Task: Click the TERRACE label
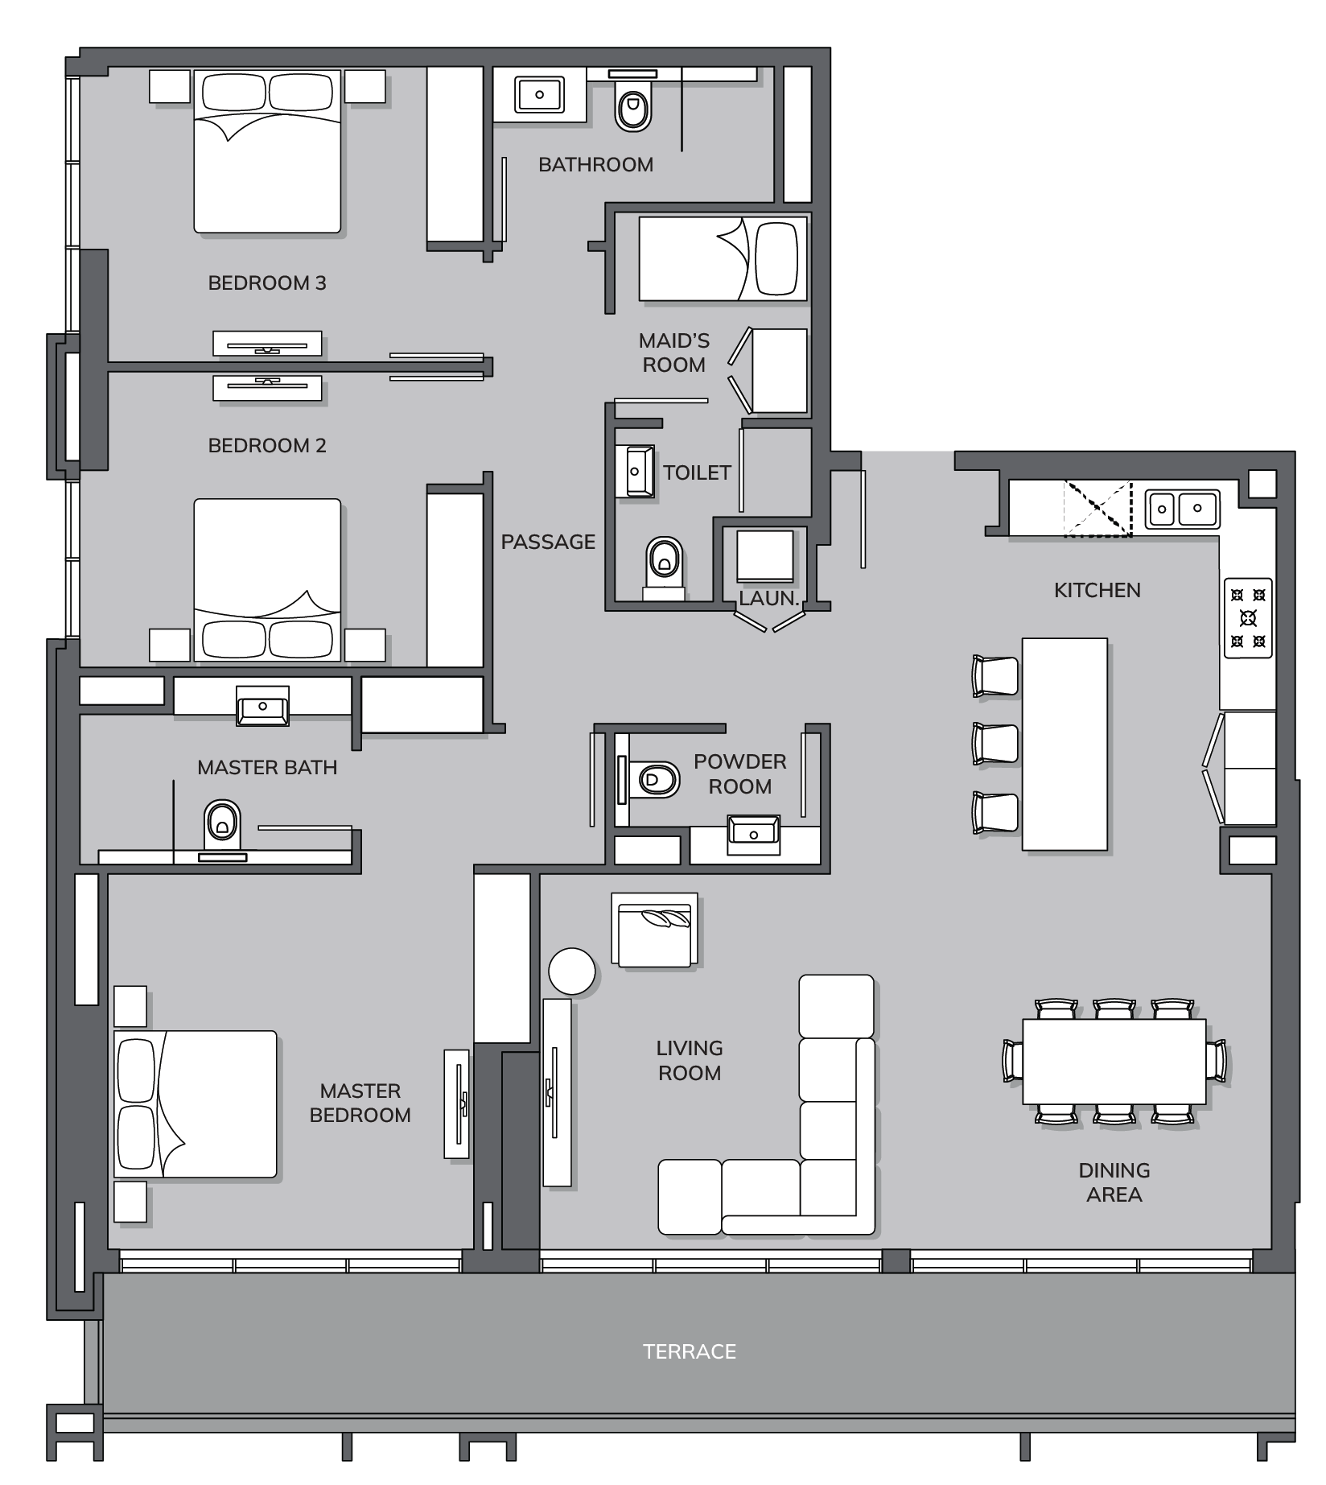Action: click(x=690, y=1351)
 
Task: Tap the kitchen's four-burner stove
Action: click(x=1248, y=618)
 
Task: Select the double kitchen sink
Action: click(x=1183, y=509)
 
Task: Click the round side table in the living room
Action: click(x=572, y=971)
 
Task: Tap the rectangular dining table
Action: click(x=1114, y=1061)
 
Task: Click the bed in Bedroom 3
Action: click(x=267, y=151)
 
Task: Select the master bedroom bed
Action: click(x=196, y=1104)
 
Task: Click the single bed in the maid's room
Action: click(x=723, y=258)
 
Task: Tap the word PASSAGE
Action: click(x=548, y=542)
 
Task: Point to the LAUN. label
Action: click(x=768, y=599)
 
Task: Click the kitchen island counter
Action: click(x=1065, y=744)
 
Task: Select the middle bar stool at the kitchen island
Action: click(x=995, y=743)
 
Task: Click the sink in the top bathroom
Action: click(x=540, y=94)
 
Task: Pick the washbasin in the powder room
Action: click(x=754, y=834)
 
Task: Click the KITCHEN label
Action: click(x=1097, y=590)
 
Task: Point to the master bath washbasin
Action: click(x=262, y=707)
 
